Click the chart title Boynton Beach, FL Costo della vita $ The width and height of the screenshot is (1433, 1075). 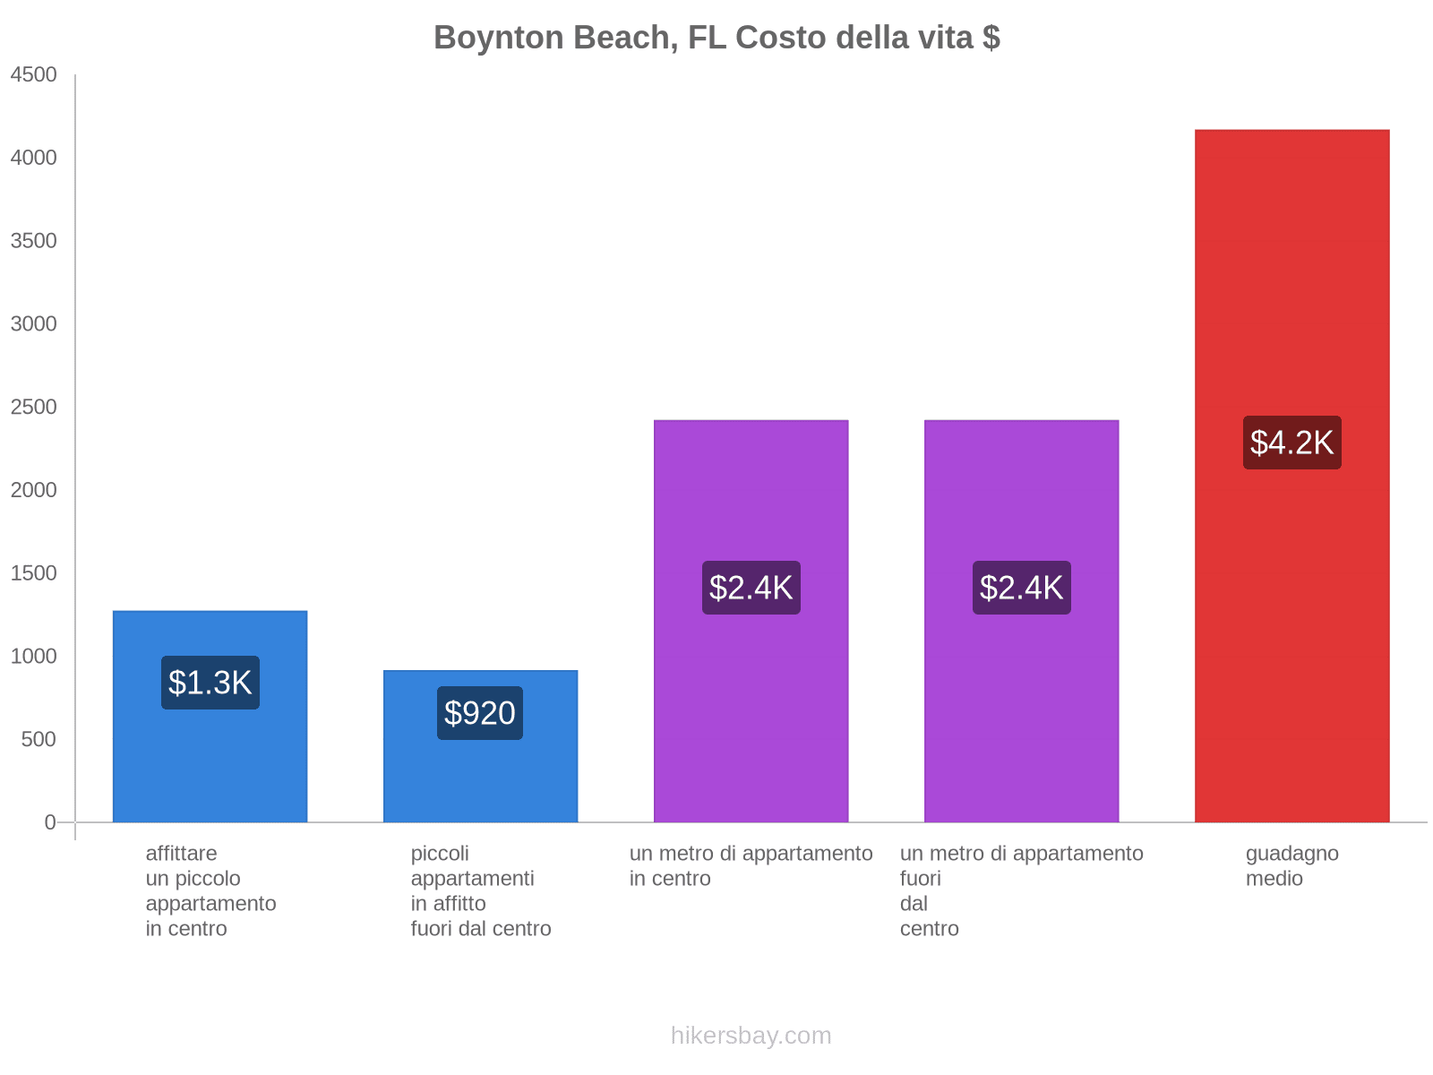(x=716, y=38)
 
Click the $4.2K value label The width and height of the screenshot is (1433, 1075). (x=1291, y=443)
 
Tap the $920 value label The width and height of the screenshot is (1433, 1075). (x=480, y=713)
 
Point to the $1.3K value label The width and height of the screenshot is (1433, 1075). (x=210, y=683)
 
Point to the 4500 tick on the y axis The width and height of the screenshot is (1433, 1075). (x=33, y=75)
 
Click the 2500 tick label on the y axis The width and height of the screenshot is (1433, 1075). (x=33, y=408)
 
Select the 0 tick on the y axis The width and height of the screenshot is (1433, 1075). (x=50, y=822)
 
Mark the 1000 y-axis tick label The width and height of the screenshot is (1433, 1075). (x=33, y=657)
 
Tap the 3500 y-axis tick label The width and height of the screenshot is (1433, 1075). (x=33, y=241)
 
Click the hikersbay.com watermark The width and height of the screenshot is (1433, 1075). (x=751, y=1036)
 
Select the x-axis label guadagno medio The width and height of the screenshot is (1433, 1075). (x=1291, y=866)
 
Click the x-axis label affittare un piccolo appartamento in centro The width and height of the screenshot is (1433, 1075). (x=210, y=890)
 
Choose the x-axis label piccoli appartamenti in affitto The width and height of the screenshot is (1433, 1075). (x=480, y=890)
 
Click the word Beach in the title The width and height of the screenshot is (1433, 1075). (x=626, y=38)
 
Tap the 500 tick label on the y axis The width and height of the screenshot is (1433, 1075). (x=38, y=740)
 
